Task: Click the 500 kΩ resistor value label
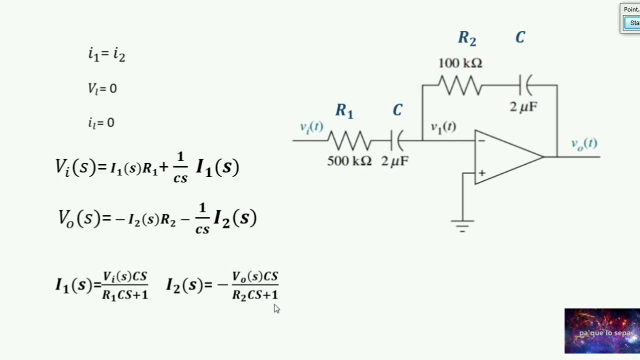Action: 349,161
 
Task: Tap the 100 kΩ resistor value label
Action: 460,63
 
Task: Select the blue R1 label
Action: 344,111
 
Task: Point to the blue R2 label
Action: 467,38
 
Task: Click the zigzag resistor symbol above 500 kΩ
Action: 349,140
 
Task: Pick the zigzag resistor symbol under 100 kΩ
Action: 460,85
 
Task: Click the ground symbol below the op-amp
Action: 462,226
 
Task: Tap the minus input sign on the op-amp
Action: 481,140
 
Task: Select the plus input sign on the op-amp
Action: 482,173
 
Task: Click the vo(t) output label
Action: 584,144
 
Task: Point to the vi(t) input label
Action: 311,127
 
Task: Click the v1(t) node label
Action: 443,127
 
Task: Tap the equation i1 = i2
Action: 106,54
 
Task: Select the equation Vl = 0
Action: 102,88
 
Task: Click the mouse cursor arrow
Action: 276,308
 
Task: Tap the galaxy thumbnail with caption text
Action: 602,331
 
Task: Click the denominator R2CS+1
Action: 255,295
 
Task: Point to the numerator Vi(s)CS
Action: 125,276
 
